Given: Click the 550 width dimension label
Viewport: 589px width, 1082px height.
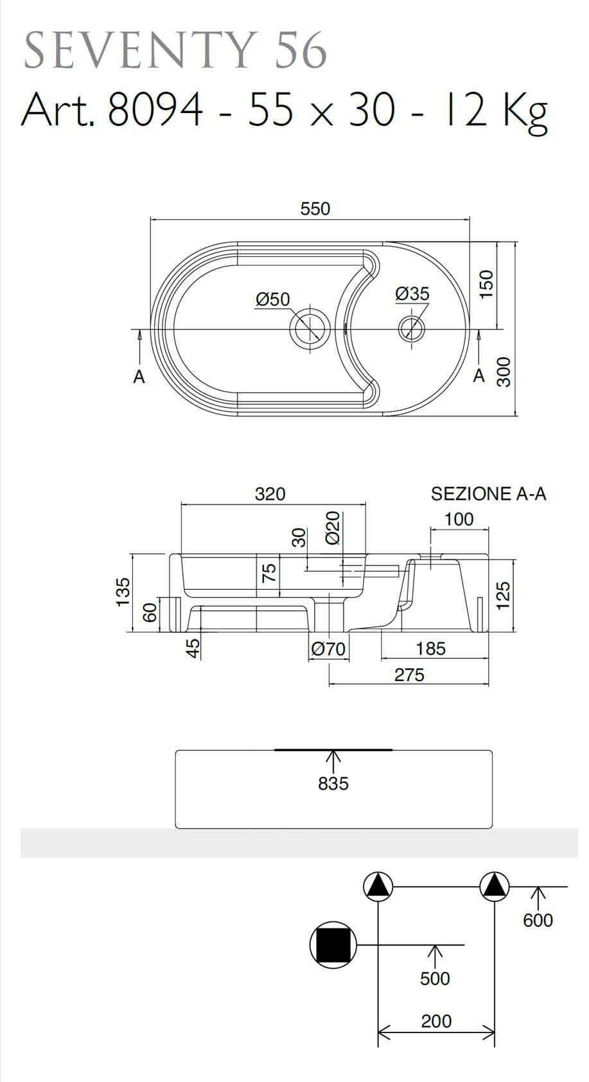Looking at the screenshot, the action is [x=315, y=209].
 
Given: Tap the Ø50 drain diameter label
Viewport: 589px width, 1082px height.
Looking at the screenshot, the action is [x=273, y=299].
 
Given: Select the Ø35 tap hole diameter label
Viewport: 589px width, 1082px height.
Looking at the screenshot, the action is [x=412, y=293].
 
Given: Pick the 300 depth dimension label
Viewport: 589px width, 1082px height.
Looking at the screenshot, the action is [x=503, y=371].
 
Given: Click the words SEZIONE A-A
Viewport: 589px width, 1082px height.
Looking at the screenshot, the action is [x=488, y=493].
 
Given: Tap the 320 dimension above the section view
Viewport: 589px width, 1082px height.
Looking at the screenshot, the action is [x=270, y=493].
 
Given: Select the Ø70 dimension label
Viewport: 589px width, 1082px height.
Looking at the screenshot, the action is [x=328, y=649].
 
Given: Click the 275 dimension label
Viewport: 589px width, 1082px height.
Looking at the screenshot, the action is [x=409, y=675].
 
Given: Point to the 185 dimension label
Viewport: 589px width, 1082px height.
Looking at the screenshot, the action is [x=430, y=649].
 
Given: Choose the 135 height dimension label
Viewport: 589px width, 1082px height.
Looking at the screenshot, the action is [x=123, y=592].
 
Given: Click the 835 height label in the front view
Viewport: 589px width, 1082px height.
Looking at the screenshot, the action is [x=333, y=783].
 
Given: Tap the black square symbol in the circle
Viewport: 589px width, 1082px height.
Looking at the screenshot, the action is [x=333, y=945].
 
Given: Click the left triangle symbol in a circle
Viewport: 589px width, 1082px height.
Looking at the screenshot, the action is [x=378, y=887].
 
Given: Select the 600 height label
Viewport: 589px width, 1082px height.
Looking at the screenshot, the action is [x=538, y=920].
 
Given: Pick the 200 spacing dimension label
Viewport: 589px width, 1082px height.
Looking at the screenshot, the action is [x=436, y=1021].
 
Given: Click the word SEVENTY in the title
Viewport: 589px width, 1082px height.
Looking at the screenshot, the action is [x=139, y=51].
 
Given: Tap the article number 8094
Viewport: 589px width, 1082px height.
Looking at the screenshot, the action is [x=155, y=111].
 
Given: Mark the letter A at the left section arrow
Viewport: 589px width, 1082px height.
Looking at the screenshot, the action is [x=139, y=377].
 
